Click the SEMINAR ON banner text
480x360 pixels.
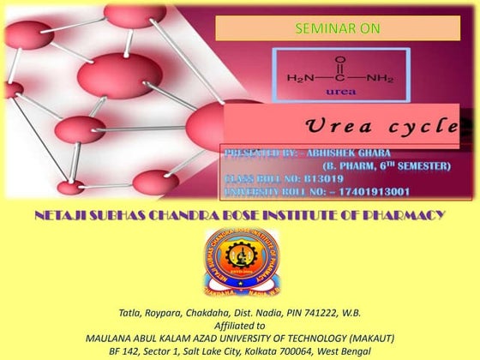pyautogui.click(x=337, y=28)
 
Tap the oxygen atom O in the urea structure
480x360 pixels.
pyautogui.click(x=340, y=61)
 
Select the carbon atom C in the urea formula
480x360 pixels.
pyautogui.click(x=340, y=78)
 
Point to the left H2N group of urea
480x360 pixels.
pyautogui.click(x=300, y=78)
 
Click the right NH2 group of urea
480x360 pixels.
pyautogui.click(x=380, y=78)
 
